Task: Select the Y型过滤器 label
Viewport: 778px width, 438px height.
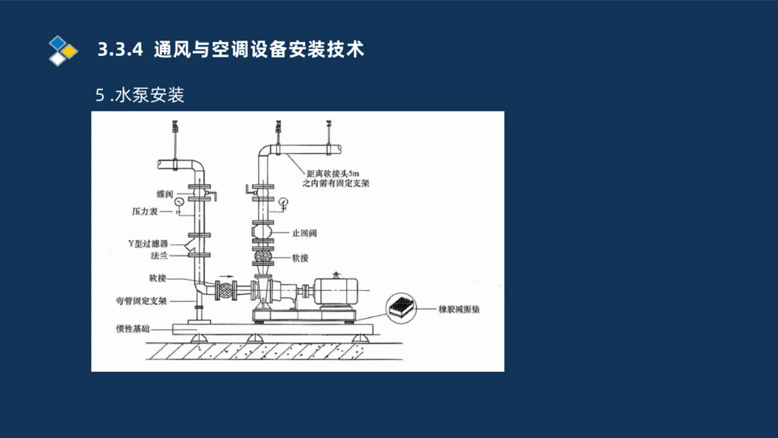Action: click(x=149, y=243)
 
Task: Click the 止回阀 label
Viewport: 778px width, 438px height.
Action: click(x=304, y=233)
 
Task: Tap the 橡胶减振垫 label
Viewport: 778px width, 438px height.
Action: click(x=459, y=309)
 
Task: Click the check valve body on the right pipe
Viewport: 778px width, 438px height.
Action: click(x=263, y=232)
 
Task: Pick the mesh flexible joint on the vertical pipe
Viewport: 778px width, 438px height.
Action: click(x=263, y=258)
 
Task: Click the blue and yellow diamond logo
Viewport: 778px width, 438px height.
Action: click(x=62, y=50)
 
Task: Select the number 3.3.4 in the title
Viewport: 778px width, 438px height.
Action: click(x=121, y=50)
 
